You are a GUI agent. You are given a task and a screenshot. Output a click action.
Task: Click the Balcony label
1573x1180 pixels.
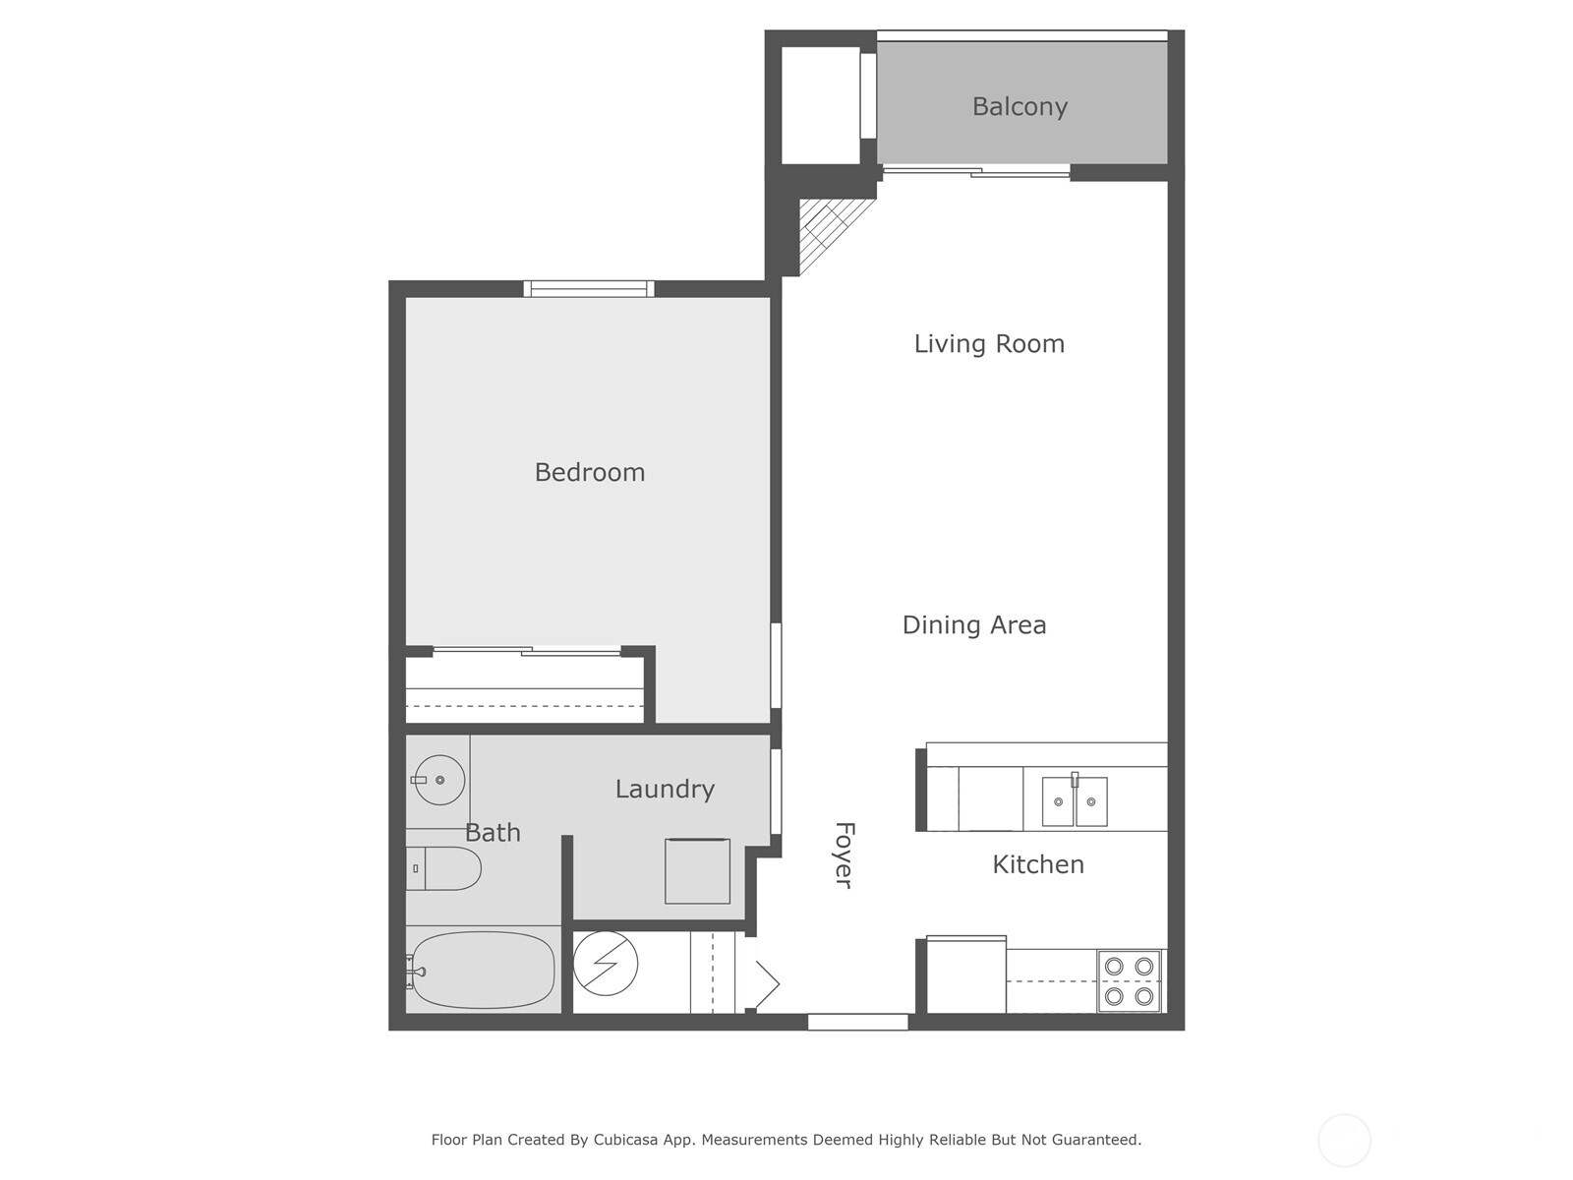(x=1020, y=106)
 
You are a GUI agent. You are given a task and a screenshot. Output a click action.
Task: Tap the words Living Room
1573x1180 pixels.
(x=989, y=343)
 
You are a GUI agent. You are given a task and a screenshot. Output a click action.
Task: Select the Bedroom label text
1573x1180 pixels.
(x=589, y=472)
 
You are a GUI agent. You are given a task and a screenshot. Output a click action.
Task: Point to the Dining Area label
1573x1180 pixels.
(x=973, y=624)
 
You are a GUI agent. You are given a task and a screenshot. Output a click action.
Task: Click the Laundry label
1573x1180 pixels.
(x=665, y=789)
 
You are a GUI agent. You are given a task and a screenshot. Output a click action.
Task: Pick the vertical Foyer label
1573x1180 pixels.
(x=844, y=855)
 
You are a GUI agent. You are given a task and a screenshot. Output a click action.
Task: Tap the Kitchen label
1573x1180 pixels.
(x=1037, y=864)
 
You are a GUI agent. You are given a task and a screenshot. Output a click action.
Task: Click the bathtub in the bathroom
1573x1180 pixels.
(x=483, y=970)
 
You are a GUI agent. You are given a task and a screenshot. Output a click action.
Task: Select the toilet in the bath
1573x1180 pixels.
(x=444, y=868)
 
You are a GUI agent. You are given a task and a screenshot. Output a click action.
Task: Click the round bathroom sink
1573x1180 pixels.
(x=438, y=781)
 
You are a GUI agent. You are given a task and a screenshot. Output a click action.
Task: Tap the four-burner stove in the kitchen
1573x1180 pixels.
(x=1129, y=980)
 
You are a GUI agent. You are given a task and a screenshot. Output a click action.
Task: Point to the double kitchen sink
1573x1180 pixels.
(x=1075, y=800)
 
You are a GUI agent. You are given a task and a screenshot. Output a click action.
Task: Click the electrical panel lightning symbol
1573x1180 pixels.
(x=606, y=964)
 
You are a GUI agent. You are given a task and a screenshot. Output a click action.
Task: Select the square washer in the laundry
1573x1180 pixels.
(x=697, y=870)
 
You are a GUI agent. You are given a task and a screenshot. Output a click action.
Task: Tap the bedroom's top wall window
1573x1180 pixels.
(x=589, y=288)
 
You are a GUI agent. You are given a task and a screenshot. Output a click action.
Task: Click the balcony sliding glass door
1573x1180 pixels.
(x=975, y=172)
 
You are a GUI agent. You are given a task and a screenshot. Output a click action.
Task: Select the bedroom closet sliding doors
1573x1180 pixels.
(x=527, y=650)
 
